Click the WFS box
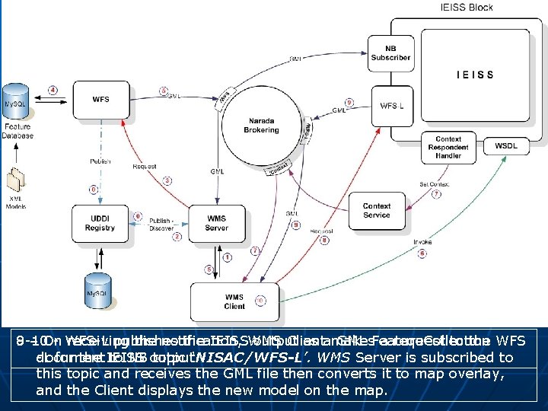tap(100, 99)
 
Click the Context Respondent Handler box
tap(448, 148)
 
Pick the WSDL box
tap(506, 145)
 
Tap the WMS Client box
tap(234, 301)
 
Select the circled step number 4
tap(53, 90)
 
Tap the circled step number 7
tap(436, 194)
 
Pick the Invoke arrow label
tap(423, 241)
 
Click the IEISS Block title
tap(467, 7)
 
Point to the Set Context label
tap(434, 183)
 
